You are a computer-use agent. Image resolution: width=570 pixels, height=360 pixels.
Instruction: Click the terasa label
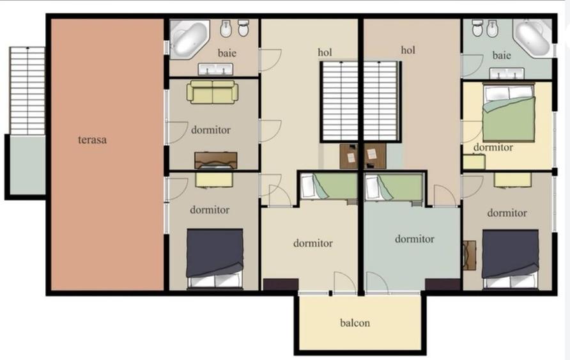tap(92, 139)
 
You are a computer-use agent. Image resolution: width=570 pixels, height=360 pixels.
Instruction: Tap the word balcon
tap(355, 322)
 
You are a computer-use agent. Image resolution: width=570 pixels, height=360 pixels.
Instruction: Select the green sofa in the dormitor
tap(212, 92)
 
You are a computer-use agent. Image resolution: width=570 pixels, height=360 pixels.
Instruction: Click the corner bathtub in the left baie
tap(189, 39)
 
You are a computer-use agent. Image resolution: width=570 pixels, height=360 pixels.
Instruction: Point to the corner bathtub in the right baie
tap(532, 38)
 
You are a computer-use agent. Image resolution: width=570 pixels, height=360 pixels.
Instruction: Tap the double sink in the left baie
tap(215, 69)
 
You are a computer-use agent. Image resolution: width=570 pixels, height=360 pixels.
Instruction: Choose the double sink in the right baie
tap(507, 74)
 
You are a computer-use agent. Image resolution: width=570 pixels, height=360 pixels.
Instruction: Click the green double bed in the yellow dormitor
tap(509, 113)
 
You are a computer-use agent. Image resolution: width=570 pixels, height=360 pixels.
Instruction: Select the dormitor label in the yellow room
tap(493, 147)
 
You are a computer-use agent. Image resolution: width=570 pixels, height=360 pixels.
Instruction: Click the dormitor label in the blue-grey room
tap(415, 239)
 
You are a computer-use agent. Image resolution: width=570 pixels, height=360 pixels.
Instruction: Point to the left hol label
tap(325, 52)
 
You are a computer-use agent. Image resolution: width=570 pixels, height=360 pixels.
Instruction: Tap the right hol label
tap(408, 50)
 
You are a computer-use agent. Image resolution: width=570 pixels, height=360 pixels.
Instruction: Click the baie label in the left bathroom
tap(227, 53)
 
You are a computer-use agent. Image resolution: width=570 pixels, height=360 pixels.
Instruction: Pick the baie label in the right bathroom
tap(502, 55)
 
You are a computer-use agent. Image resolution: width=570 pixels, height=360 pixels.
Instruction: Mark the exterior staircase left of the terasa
tap(27, 91)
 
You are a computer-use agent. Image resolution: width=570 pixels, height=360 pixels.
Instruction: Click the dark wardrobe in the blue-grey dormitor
tap(443, 285)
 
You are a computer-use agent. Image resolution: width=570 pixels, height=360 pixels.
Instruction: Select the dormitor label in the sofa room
tap(211, 130)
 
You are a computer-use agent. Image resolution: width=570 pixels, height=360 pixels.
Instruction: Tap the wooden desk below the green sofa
tap(216, 160)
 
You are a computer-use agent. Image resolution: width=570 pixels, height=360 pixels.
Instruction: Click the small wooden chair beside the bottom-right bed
tap(470, 255)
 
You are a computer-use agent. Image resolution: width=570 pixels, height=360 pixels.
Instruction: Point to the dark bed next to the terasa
tap(215, 258)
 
